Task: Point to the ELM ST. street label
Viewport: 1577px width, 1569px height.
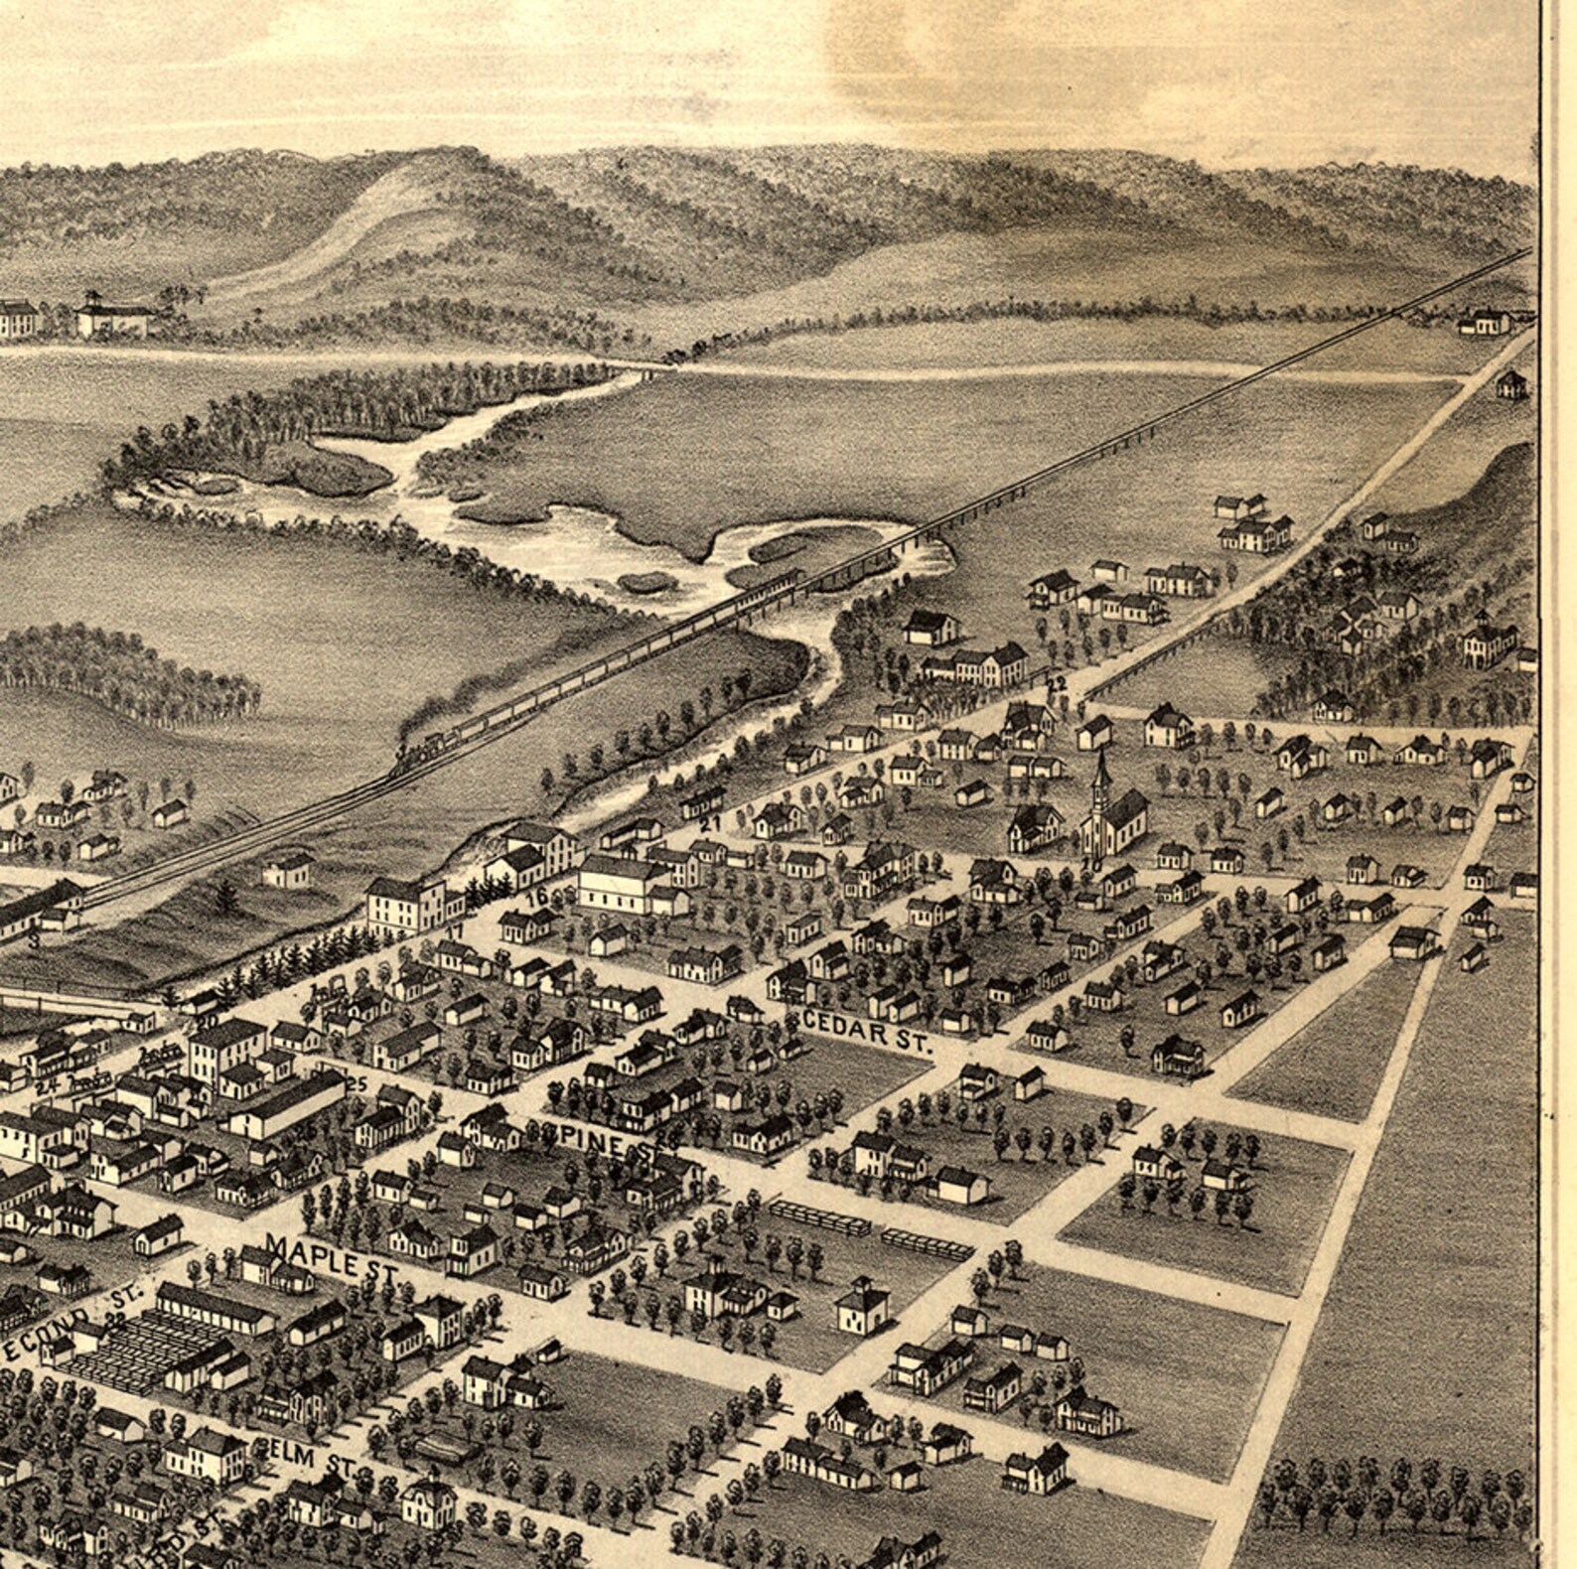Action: coord(306,1459)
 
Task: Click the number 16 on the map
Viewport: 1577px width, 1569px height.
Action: coord(538,897)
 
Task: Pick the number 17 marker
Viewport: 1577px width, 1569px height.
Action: coord(454,931)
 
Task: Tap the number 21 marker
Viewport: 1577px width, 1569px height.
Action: coord(709,823)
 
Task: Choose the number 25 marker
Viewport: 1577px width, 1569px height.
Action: coord(358,1084)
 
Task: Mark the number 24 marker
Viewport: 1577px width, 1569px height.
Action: coord(45,1085)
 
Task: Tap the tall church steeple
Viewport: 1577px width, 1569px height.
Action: coord(1099,784)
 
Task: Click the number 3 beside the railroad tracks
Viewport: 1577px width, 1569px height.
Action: coord(34,939)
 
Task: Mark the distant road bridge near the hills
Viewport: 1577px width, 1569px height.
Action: coord(645,370)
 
